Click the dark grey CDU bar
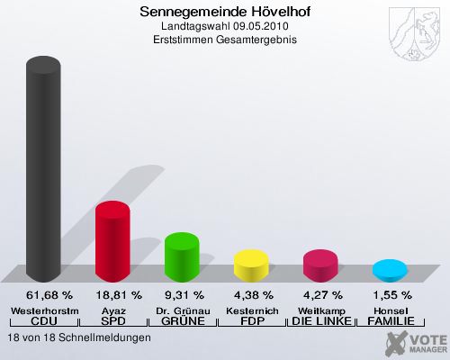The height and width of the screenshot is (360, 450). [43, 169]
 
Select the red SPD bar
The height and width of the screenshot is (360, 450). [112, 241]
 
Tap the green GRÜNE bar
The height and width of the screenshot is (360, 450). [182, 257]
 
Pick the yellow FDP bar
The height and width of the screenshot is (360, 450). [251, 265]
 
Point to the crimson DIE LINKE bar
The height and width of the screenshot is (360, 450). [320, 265]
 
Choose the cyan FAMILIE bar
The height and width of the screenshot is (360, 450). [390, 271]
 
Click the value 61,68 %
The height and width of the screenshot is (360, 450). [49, 295]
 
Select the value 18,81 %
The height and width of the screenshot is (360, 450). [119, 295]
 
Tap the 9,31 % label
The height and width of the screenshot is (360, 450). [184, 295]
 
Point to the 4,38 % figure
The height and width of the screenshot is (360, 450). [254, 295]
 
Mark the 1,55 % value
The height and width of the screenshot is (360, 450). [392, 295]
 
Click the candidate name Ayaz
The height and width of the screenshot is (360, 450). [113, 311]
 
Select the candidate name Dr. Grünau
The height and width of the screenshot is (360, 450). [183, 311]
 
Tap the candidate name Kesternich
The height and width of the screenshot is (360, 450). [252, 311]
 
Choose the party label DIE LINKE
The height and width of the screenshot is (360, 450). [321, 321]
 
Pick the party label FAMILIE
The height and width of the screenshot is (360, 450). [391, 321]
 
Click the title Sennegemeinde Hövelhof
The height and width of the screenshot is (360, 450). [225, 12]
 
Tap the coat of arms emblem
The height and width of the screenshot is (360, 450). [414, 34]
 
